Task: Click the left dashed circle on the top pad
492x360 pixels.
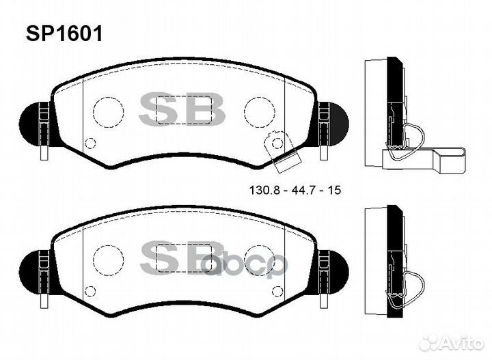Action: (x=107, y=111)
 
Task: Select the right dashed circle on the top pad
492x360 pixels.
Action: (x=259, y=111)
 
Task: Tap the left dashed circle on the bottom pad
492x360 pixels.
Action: (x=107, y=258)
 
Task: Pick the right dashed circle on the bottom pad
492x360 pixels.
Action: (x=259, y=258)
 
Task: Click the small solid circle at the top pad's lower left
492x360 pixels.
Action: (x=90, y=143)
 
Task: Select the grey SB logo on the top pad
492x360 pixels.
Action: (x=182, y=110)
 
